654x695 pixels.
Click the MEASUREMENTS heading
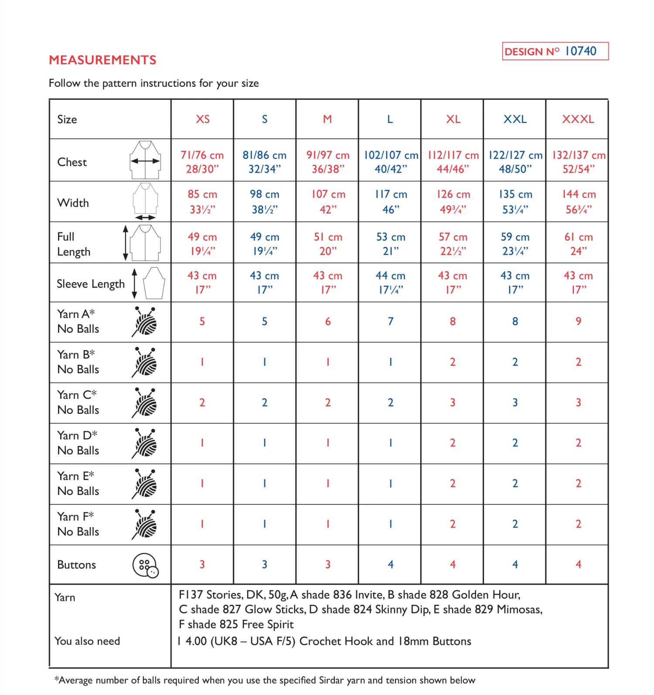pos(102,60)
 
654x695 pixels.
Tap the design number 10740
pos(580,51)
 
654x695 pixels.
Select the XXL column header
pos(515,119)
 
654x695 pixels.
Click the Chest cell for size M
pos(328,162)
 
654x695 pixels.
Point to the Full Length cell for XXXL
pos(578,243)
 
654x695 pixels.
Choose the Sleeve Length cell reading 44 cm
pos(390,282)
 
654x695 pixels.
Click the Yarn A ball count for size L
pos(391,321)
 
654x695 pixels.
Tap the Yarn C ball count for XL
pos(453,402)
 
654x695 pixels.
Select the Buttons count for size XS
pos(202,564)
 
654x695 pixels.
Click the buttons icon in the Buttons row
pos(146,566)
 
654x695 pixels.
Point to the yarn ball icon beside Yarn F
pos(146,524)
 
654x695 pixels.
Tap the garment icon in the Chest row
pos(145,160)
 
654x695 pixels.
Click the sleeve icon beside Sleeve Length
pos(153,283)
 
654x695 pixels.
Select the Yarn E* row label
pos(78,483)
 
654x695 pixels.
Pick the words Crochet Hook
pos(336,641)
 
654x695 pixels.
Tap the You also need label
pos(87,641)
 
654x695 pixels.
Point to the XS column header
pos(203,119)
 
